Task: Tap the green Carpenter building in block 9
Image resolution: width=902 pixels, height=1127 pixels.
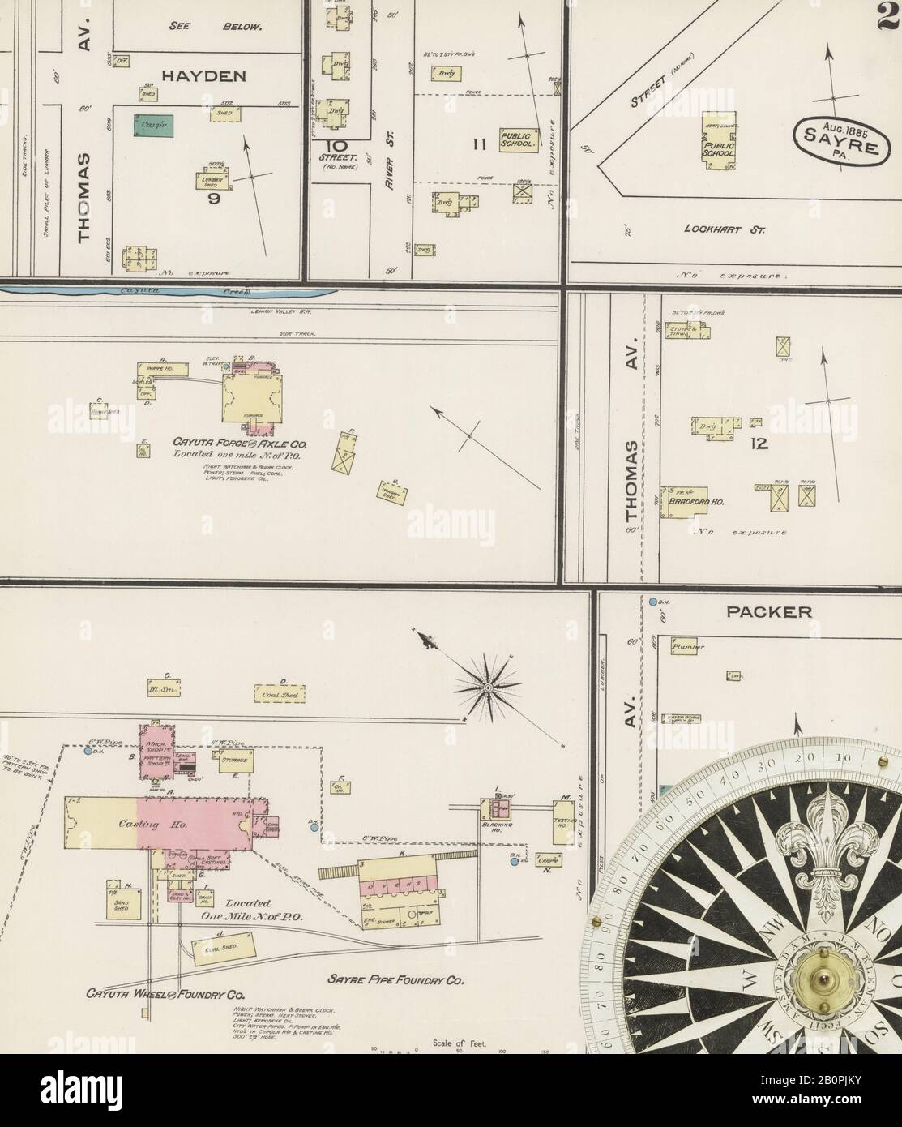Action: pyautogui.click(x=154, y=126)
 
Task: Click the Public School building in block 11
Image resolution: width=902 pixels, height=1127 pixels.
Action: pyautogui.click(x=519, y=139)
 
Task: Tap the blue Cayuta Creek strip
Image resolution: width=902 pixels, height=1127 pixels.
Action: pyautogui.click(x=170, y=289)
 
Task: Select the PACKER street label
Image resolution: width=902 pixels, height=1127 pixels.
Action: pyautogui.click(x=768, y=611)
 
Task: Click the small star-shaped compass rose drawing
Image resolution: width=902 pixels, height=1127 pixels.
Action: pyautogui.click(x=488, y=688)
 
